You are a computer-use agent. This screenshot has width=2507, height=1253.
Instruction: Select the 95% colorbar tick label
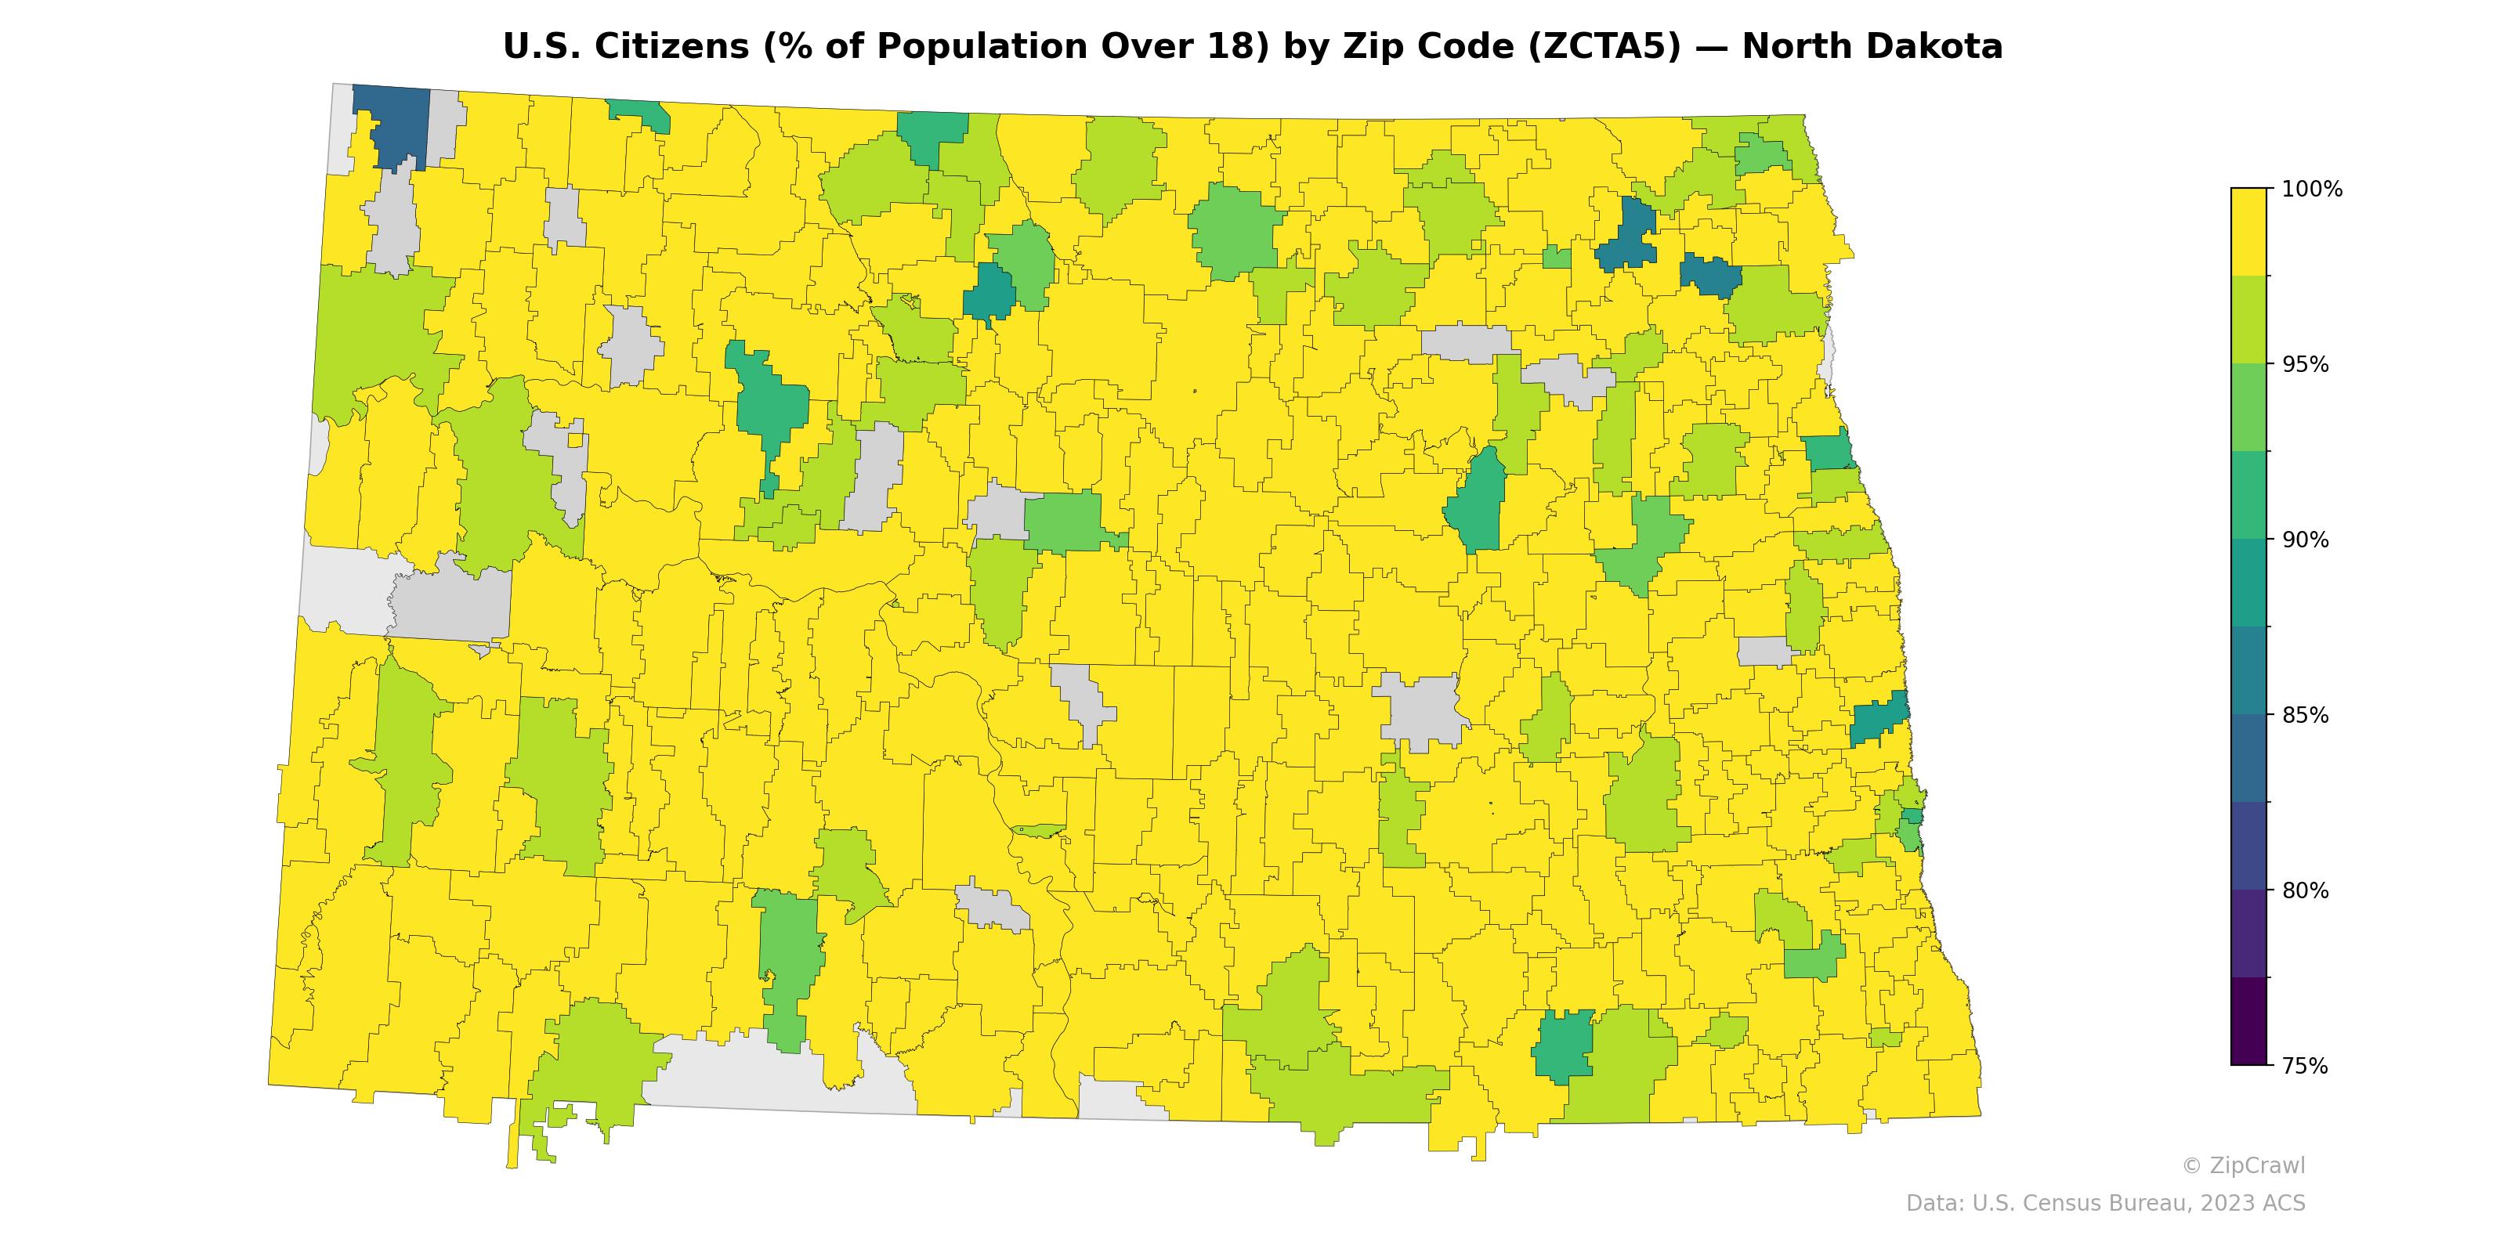click(x=2306, y=365)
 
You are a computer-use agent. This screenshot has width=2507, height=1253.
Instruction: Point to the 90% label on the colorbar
click(x=2306, y=540)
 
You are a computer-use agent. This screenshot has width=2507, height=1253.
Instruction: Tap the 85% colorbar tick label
click(x=2306, y=715)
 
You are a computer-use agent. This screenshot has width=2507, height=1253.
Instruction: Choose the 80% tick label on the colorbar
click(x=2306, y=890)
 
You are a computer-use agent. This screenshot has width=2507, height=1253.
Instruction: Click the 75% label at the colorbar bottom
click(x=2306, y=1066)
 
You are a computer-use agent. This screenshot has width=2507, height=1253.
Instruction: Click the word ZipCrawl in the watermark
click(x=2257, y=1165)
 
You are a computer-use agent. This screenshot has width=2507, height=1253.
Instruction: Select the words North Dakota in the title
click(x=1872, y=47)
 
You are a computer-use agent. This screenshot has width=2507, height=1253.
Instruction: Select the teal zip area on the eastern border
click(x=1879, y=723)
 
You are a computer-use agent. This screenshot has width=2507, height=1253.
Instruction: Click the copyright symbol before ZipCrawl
click(x=2192, y=1165)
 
